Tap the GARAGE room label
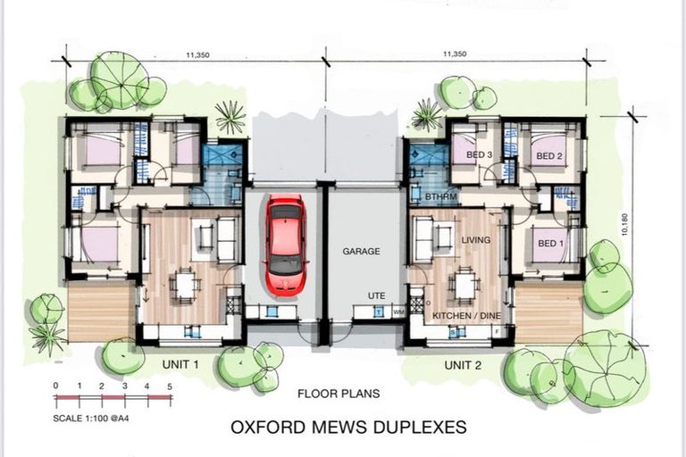[x=361, y=252]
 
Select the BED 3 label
[x=479, y=154]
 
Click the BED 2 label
[x=549, y=155]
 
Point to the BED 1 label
[x=551, y=243]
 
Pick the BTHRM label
[x=441, y=196]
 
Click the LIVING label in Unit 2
[x=476, y=239]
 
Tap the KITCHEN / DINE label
[x=466, y=316]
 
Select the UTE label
[x=376, y=296]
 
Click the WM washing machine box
[x=398, y=312]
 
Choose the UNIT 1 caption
[x=180, y=364]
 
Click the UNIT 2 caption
[x=463, y=365]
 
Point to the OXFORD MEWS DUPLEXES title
[x=348, y=427]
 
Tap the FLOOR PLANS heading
[x=339, y=394]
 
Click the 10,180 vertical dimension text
[x=624, y=224]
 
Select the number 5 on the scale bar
[x=170, y=386]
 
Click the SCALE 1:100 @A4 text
[x=91, y=418]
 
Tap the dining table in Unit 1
[x=186, y=285]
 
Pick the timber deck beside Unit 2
[x=548, y=312]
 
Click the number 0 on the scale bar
[x=55, y=386]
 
